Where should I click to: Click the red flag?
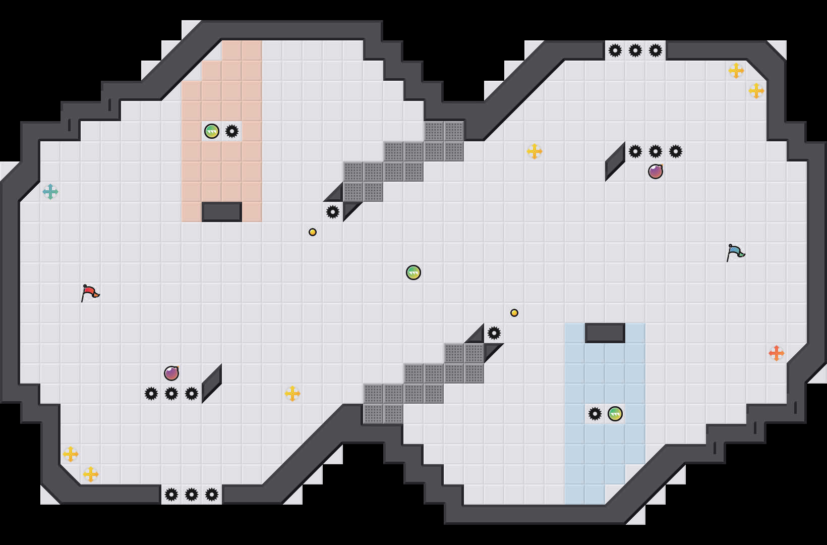(90, 293)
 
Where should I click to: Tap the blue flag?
(735, 252)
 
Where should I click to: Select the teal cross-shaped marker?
(50, 192)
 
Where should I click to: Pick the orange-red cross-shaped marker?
(776, 353)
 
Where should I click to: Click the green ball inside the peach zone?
(212, 131)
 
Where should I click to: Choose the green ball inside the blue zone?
(615, 414)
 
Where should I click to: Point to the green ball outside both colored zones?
(413, 272)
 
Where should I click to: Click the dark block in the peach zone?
(222, 212)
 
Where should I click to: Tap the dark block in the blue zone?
(605, 333)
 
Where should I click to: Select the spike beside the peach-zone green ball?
(232, 131)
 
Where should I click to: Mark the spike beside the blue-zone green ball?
(595, 414)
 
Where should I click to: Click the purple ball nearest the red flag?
(171, 373)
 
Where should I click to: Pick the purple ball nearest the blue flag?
(656, 172)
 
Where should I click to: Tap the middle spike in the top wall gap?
(635, 50)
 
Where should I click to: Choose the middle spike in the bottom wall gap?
(192, 495)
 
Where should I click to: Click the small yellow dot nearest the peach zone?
(313, 232)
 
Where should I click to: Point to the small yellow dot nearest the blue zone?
(514, 313)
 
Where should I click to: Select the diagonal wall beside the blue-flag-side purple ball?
(615, 161)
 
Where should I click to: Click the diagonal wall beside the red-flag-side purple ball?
(212, 384)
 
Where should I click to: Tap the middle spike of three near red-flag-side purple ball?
(171, 394)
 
